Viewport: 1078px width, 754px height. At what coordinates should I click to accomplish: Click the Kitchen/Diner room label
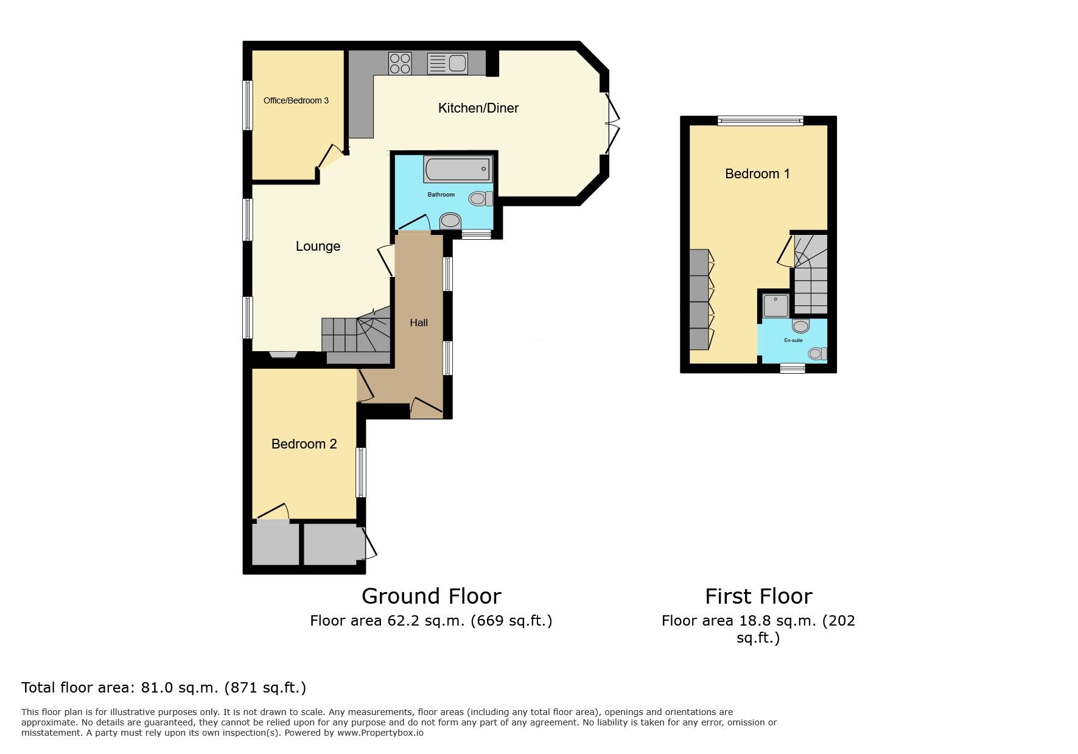[x=478, y=108]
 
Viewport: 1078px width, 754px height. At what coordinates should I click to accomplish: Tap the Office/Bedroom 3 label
[x=296, y=100]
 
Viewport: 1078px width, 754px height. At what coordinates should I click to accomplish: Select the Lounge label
[x=318, y=246]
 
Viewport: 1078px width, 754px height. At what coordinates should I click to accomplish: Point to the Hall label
[x=419, y=323]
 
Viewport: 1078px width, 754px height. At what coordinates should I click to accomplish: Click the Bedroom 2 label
[x=304, y=444]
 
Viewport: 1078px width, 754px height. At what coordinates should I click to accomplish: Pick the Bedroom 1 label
[x=757, y=174]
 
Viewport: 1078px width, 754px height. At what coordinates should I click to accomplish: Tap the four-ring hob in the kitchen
[x=400, y=63]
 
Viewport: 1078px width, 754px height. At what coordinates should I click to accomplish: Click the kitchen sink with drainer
[x=447, y=63]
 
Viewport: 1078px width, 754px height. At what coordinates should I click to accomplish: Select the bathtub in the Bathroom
[x=458, y=169]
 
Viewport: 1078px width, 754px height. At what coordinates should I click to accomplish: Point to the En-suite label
[x=793, y=340]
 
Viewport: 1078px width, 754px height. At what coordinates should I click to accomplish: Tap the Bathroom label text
[x=441, y=195]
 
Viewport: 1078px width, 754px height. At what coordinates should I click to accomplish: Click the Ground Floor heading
[x=432, y=596]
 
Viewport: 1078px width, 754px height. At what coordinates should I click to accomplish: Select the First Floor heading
[x=758, y=596]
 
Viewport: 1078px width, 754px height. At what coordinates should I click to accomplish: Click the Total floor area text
[x=164, y=688]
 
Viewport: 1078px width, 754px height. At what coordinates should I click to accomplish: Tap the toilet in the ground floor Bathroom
[x=481, y=198]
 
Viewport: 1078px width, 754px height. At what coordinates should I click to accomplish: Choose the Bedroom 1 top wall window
[x=760, y=120]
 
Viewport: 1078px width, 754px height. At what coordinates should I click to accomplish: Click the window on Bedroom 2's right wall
[x=362, y=473]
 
